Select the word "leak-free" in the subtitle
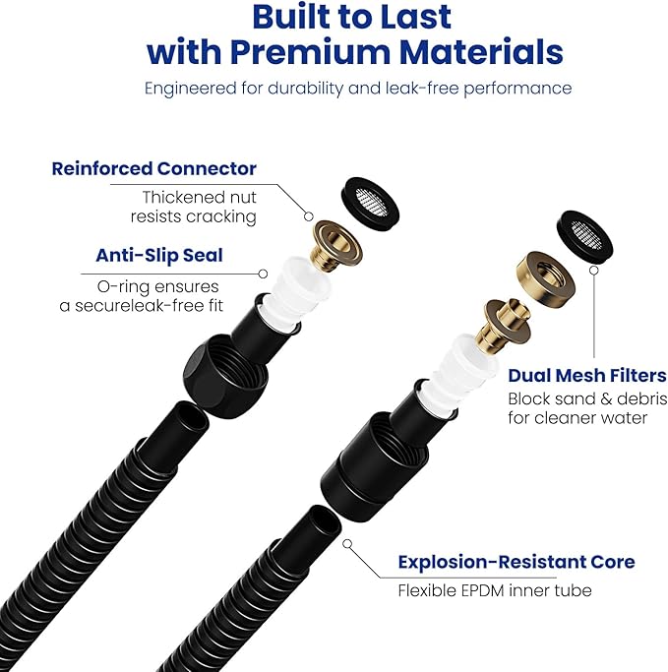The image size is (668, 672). point(403,88)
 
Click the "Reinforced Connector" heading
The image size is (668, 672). point(153,168)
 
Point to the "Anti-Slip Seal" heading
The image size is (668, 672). point(159,255)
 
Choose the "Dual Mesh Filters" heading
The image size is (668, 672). point(587,375)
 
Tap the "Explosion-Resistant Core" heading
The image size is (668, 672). point(516,562)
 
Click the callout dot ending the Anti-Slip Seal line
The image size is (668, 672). point(264,274)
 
